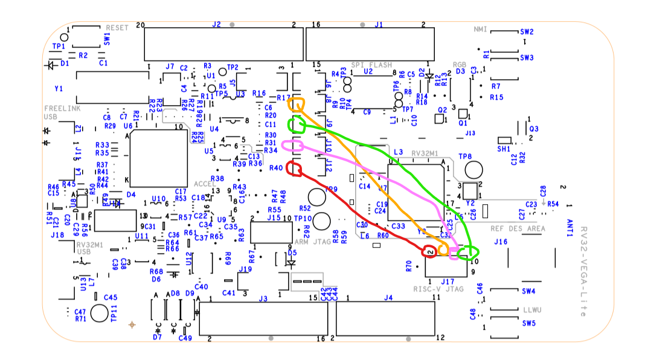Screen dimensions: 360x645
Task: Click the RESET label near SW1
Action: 117,28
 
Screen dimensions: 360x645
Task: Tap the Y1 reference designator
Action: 59,89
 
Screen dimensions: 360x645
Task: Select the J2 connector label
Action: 216,25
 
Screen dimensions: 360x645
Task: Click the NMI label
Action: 480,29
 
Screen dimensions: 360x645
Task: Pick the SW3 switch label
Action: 527,57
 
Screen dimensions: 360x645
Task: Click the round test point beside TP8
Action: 474,170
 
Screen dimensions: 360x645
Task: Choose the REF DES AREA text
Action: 518,228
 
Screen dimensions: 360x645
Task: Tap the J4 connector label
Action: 388,297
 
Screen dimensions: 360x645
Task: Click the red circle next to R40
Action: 295,169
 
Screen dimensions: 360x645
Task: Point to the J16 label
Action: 500,242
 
